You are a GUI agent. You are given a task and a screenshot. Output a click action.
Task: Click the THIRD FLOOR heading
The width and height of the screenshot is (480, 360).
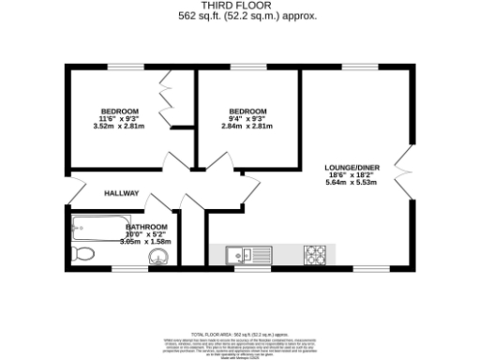click(240, 6)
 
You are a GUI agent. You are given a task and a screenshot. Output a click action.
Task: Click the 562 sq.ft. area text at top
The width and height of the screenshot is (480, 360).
click(240, 16)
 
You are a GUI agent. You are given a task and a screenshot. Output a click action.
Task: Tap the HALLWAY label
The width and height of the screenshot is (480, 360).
click(122, 193)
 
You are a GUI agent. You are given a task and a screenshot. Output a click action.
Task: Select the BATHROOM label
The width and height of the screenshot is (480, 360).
click(147, 227)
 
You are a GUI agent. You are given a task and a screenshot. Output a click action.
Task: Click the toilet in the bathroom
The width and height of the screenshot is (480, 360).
click(82, 253)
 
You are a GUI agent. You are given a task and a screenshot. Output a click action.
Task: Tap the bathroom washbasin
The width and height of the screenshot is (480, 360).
click(160, 257)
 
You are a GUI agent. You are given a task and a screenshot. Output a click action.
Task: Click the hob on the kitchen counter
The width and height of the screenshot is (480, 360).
click(313, 253)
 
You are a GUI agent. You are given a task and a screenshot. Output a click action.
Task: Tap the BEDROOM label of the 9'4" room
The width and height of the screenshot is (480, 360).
click(248, 112)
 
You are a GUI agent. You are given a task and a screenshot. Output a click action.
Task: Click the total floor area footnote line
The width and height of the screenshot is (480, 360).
click(240, 334)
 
